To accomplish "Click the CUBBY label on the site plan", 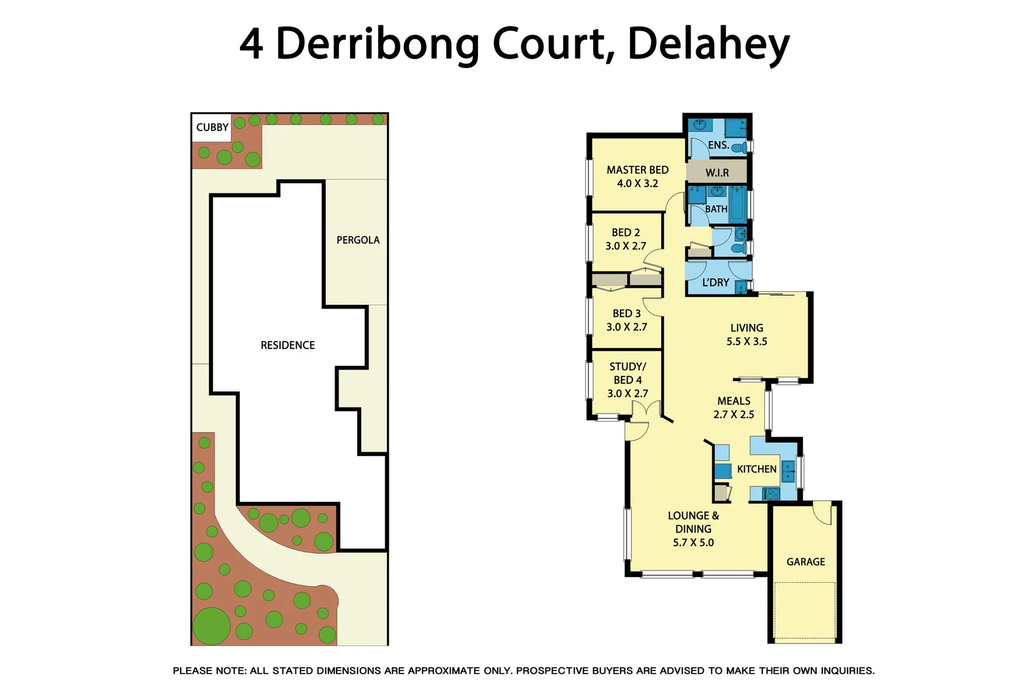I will click(x=212, y=127).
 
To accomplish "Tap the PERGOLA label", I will click(x=358, y=240).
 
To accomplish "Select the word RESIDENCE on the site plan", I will click(x=288, y=345).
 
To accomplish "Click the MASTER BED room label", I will click(x=637, y=170).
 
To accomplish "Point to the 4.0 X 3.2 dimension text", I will click(x=637, y=183).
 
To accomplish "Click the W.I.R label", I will click(x=717, y=172).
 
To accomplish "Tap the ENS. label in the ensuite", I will click(x=718, y=145).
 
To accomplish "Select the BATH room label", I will click(x=715, y=209).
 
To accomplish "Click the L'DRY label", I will click(x=715, y=282).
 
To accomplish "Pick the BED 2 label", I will click(x=626, y=233).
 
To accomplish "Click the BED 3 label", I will click(x=626, y=314).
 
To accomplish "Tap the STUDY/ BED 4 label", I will click(x=628, y=373).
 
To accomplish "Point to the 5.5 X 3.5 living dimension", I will click(x=747, y=342).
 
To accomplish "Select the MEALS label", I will click(x=734, y=401).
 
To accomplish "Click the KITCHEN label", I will click(x=756, y=469).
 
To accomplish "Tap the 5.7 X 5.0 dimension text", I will click(x=693, y=543).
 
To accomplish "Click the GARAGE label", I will click(x=805, y=562).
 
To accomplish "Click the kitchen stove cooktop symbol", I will click(x=771, y=493).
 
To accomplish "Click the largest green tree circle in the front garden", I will click(x=211, y=626).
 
